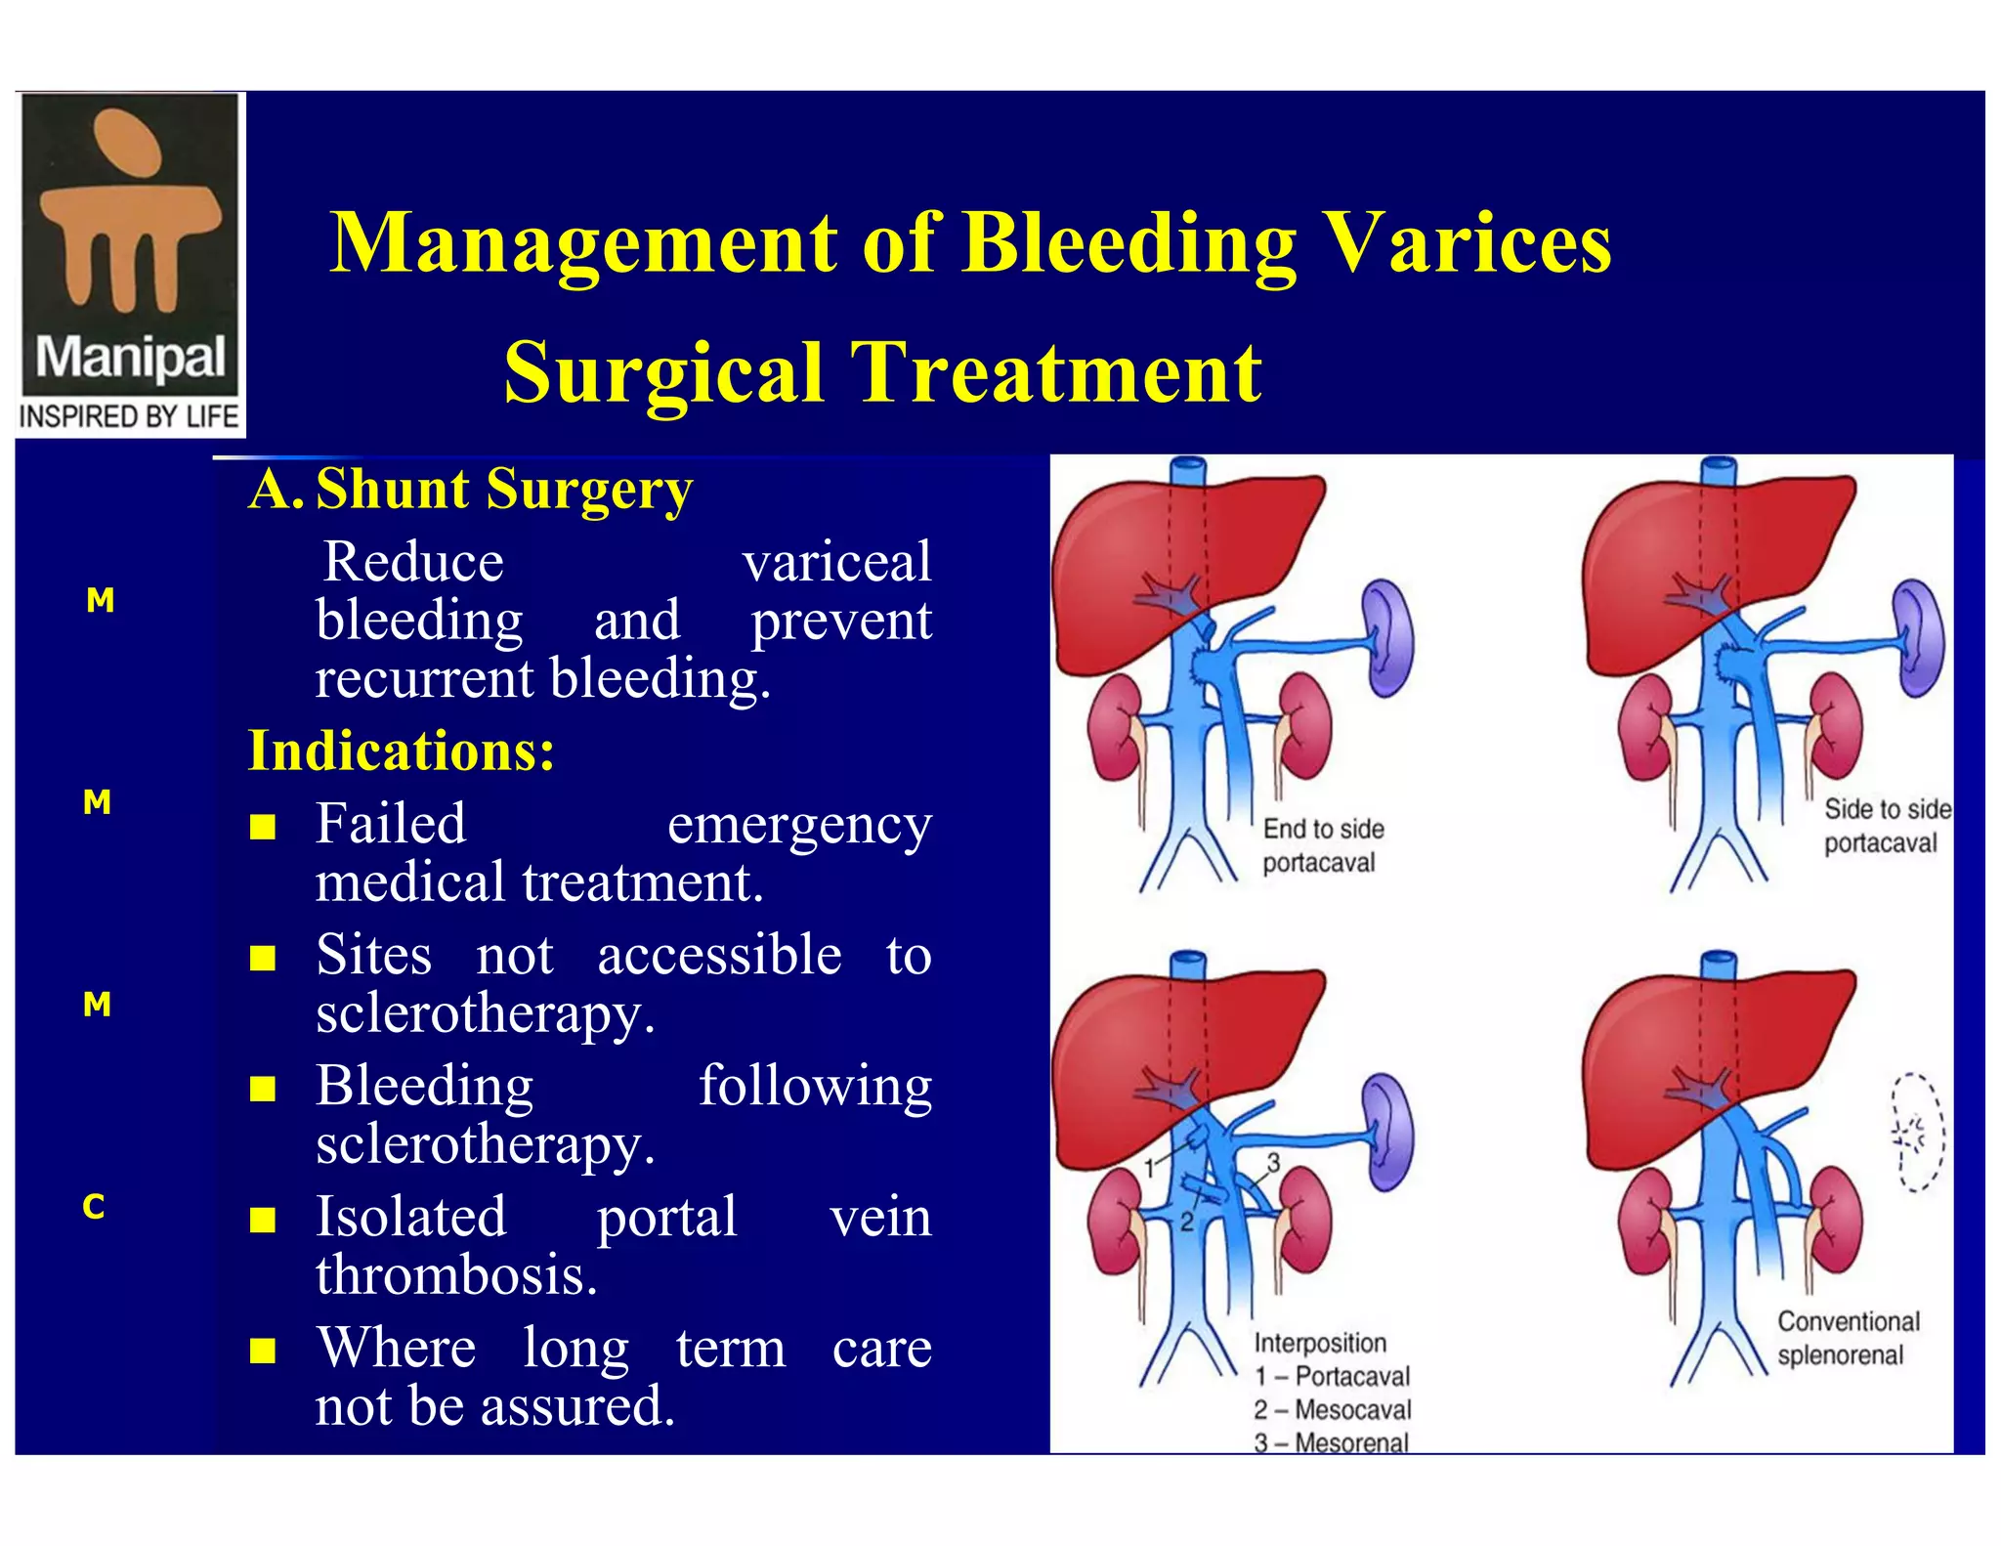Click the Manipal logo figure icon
coord(129,210)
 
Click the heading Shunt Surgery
coord(503,489)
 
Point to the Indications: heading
coord(401,751)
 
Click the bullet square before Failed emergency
coord(262,828)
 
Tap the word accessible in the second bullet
coord(719,955)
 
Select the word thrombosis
coord(456,1275)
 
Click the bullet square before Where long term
coord(262,1351)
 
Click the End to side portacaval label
coord(1322,845)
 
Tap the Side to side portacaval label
coord(1886,826)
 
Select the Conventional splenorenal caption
coord(1847,1338)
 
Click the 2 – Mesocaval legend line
coord(1333,1409)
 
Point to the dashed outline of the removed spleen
coord(1917,1132)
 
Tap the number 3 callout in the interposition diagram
coord(1273,1162)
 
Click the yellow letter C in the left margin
coord(94,1207)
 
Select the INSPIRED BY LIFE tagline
coord(129,416)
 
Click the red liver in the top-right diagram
coord(1681,557)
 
